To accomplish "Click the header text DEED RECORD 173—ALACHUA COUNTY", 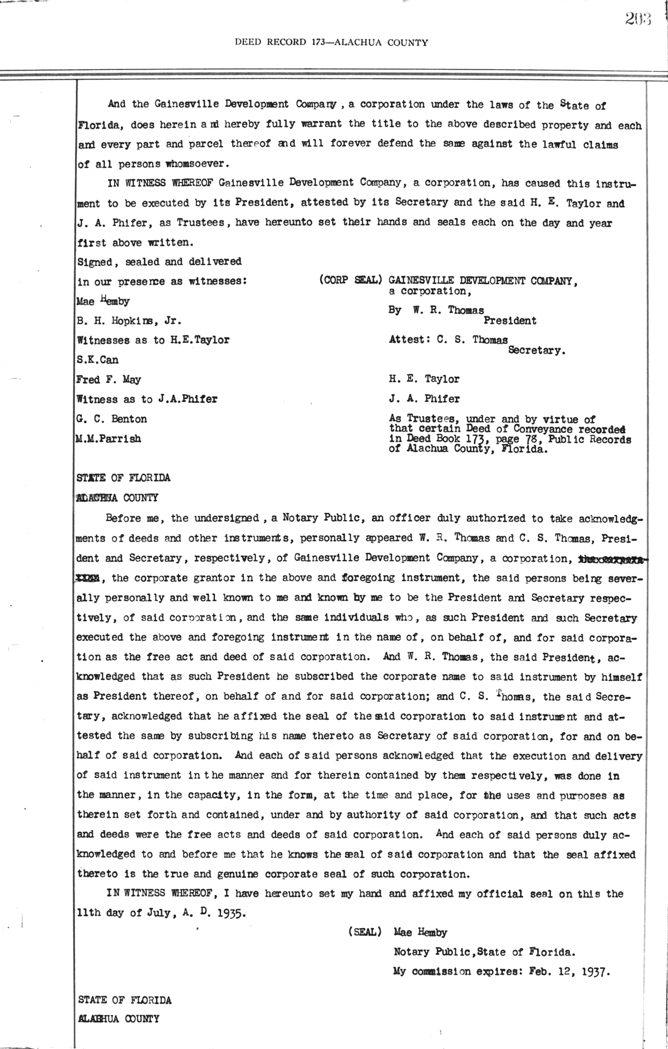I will click(x=331, y=42).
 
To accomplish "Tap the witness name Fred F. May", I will click(x=109, y=380).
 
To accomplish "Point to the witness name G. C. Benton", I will click(x=112, y=419).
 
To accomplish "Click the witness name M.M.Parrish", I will click(x=109, y=439).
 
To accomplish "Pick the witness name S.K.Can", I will click(x=97, y=360).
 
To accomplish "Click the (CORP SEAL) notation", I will click(x=350, y=281).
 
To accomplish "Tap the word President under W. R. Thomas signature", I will click(x=510, y=321).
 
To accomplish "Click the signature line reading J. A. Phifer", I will click(x=424, y=399).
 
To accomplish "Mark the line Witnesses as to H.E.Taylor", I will click(x=153, y=340).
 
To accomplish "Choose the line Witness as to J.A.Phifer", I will click(x=147, y=399).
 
